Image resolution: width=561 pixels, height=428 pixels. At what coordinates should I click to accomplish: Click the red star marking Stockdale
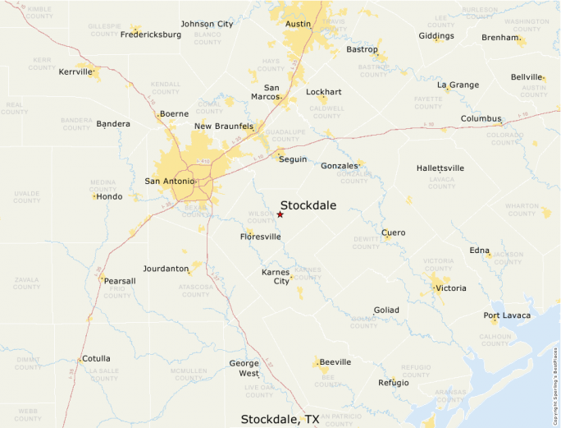pyautogui.click(x=280, y=214)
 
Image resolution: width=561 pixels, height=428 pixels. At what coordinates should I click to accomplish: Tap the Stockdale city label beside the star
pyautogui.click(x=308, y=205)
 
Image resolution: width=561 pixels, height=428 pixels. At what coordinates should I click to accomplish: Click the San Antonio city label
pyautogui.click(x=170, y=181)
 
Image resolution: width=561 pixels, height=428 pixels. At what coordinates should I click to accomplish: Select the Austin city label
pyautogui.click(x=298, y=24)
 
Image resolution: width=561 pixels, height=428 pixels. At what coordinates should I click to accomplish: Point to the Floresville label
pyautogui.click(x=260, y=237)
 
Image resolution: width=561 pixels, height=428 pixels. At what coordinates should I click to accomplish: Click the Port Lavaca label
pyautogui.click(x=507, y=315)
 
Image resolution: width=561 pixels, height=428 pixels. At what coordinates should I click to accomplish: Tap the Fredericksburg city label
pyautogui.click(x=151, y=35)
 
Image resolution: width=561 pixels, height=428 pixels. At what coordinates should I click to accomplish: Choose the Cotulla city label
pyautogui.click(x=95, y=358)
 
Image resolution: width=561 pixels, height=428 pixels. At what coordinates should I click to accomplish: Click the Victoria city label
pyautogui.click(x=450, y=288)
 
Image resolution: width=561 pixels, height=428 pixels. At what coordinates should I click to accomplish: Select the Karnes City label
pyautogui.click(x=276, y=276)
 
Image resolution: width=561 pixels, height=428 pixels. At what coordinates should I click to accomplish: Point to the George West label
pyautogui.click(x=244, y=368)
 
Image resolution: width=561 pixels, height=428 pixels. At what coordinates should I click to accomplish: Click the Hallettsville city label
pyautogui.click(x=440, y=168)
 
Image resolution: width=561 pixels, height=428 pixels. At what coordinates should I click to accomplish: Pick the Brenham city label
pyautogui.click(x=500, y=38)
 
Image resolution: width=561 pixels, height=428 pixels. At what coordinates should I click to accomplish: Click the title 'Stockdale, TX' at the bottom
pyautogui.click(x=280, y=419)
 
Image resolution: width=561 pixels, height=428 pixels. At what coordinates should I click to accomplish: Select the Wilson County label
pyautogui.click(x=262, y=218)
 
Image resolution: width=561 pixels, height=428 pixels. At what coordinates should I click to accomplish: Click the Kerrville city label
pyautogui.click(x=75, y=71)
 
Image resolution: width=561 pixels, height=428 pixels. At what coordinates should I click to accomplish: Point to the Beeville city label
pyautogui.click(x=335, y=361)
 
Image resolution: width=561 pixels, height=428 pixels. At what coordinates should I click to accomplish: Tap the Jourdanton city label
pyautogui.click(x=166, y=269)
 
